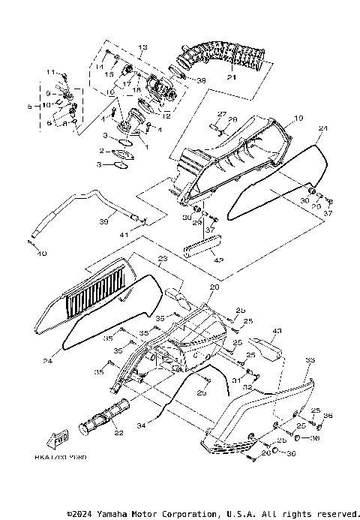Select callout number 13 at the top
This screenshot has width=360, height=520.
click(143, 47)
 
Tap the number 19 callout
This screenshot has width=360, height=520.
click(298, 119)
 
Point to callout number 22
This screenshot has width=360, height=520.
click(118, 433)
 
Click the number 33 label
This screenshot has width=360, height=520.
click(309, 361)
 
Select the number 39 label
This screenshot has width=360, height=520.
click(104, 222)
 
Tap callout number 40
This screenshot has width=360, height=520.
click(41, 254)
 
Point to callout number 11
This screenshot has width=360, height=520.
click(52, 72)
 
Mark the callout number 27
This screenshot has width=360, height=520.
click(221, 113)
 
